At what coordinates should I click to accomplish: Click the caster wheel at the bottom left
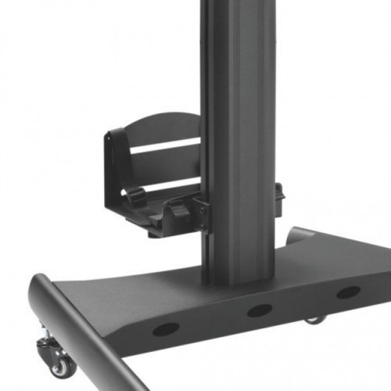[x=60, y=364]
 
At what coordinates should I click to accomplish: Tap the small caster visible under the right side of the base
[x=314, y=319]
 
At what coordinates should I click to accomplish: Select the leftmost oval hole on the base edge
[x=165, y=328]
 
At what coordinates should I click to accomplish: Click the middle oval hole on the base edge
[x=259, y=310]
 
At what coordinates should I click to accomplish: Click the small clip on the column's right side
[x=278, y=197]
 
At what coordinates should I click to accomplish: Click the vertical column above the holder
[x=238, y=55]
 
